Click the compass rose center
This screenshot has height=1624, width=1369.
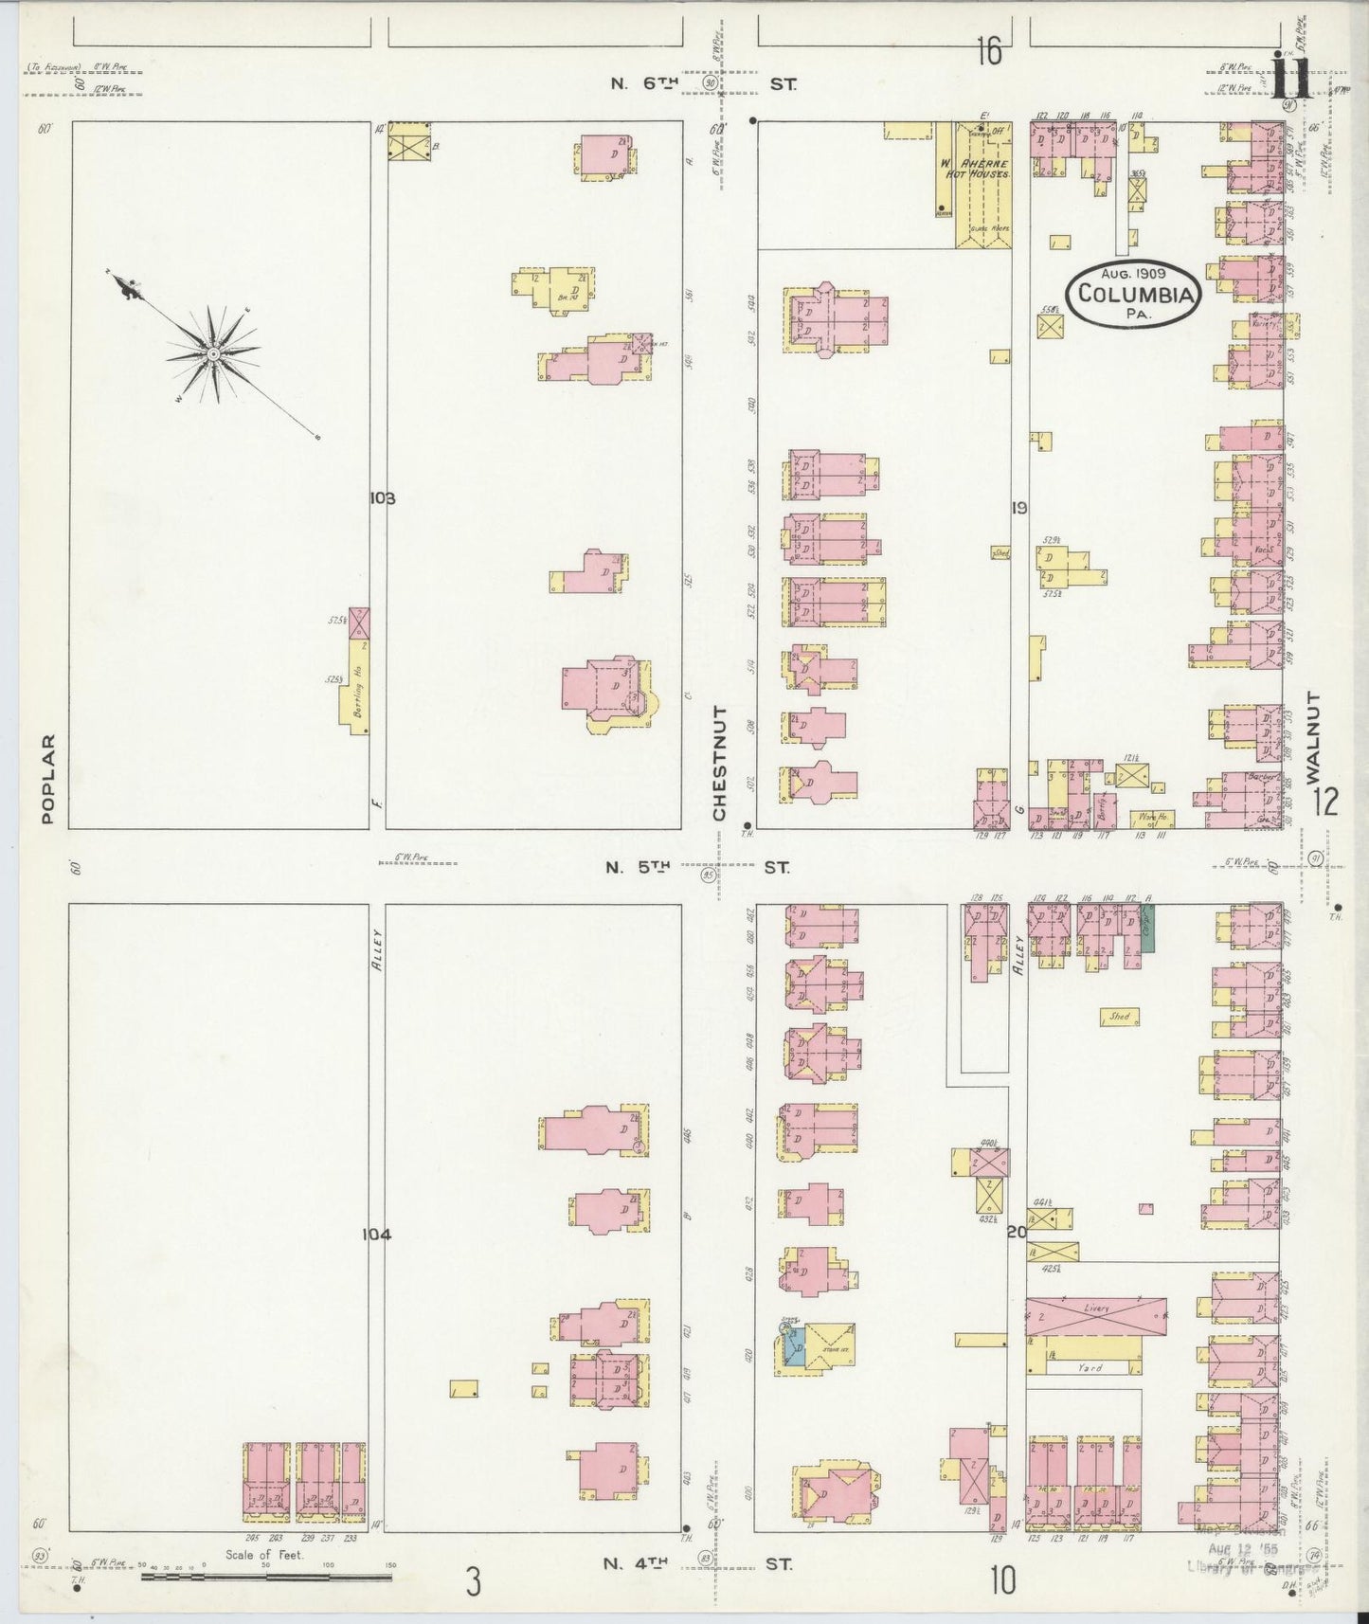pos(214,354)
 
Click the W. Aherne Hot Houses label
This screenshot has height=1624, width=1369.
pos(981,169)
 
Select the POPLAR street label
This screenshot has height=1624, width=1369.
pos(48,779)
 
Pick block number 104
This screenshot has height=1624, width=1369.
pos(376,1234)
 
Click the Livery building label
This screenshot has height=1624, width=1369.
pos(1096,1308)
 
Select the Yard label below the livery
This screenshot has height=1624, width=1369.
pos(1090,1367)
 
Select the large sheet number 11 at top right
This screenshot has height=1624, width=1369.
pos(1290,79)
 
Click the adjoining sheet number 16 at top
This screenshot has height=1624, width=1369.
pos(988,52)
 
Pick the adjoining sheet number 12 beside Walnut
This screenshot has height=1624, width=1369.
pos(1325,803)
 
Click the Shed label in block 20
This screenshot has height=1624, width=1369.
pos(1119,1017)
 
